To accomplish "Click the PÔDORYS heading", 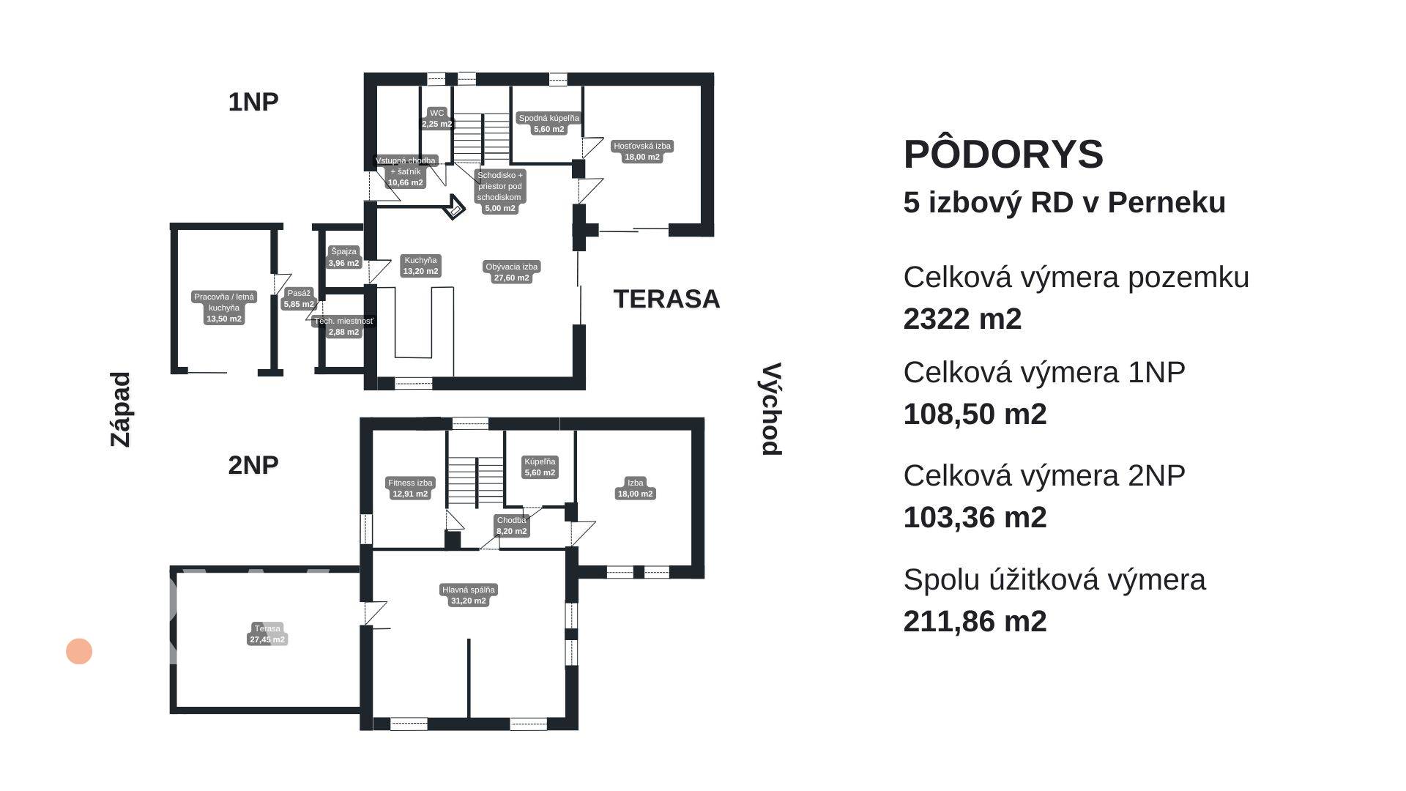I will click(1003, 155).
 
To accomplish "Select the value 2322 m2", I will click(961, 319).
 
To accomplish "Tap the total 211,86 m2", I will click(974, 621).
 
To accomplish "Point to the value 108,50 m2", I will click(974, 414).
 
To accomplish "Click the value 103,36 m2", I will click(974, 517).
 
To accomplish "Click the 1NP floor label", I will click(253, 102).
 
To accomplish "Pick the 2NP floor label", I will click(253, 464).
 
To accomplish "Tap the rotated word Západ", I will click(120, 409).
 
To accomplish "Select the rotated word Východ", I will click(770, 409).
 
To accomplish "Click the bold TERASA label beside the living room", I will click(666, 299).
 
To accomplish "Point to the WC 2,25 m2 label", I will click(436, 119).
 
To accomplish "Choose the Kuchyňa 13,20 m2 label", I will click(420, 265).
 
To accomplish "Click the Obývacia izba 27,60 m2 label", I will click(511, 272).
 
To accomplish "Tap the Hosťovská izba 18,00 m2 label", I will click(641, 151).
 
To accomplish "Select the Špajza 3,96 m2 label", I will click(343, 257).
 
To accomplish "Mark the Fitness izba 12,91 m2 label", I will click(410, 488).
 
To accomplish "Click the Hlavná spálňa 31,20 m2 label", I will click(468, 595).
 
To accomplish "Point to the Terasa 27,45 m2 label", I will click(267, 634).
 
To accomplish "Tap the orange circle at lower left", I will click(79, 651).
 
